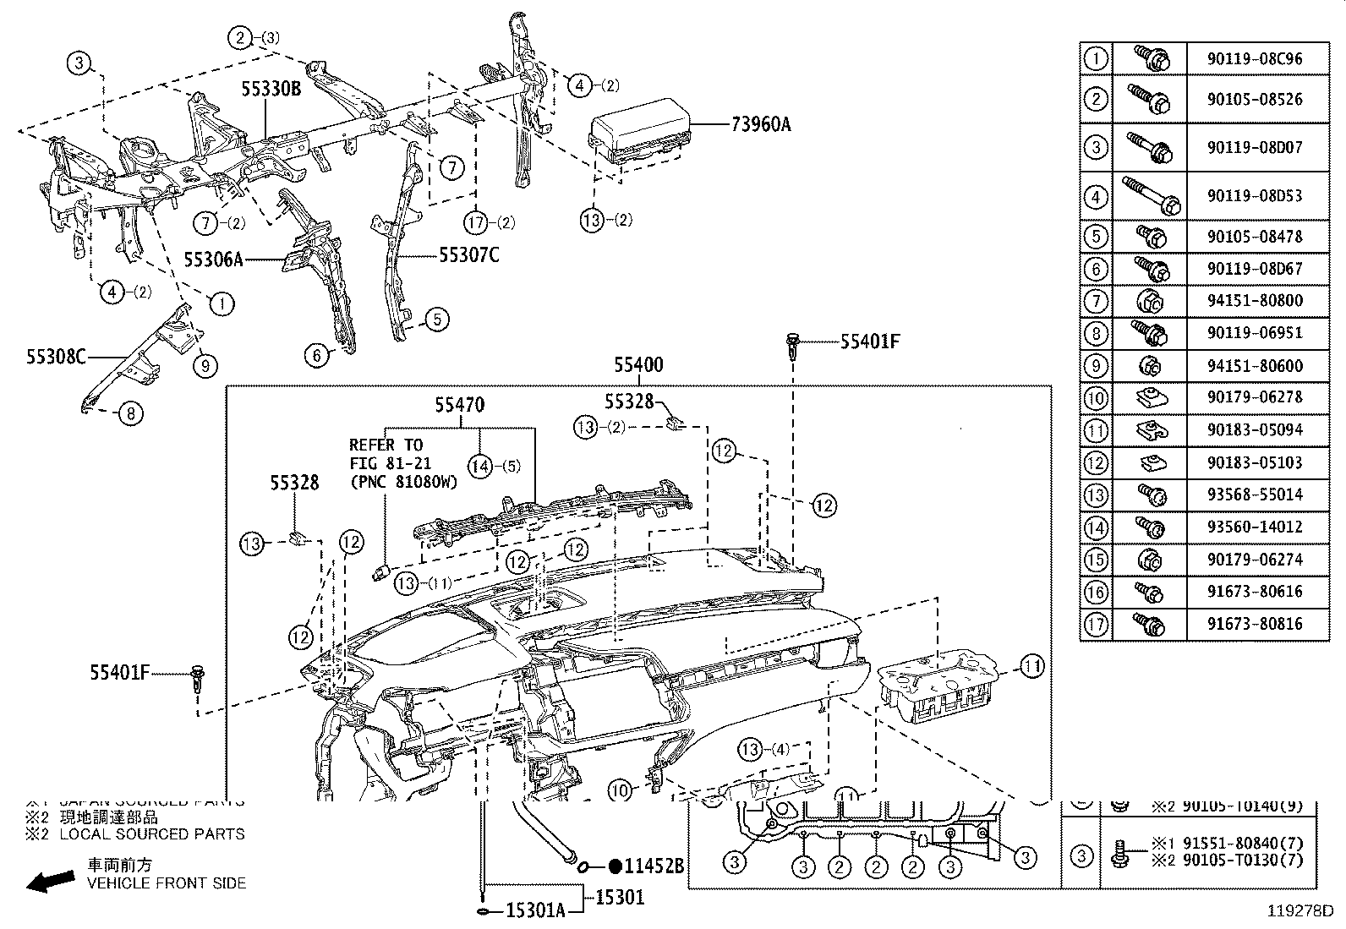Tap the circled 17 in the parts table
tap(1096, 624)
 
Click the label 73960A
tap(761, 125)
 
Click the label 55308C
tap(56, 356)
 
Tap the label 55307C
tap(469, 254)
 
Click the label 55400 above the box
tap(638, 366)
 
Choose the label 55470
tap(460, 406)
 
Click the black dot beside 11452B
tap(616, 866)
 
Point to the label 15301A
tap(536, 911)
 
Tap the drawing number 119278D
tap(1299, 912)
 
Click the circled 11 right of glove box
tap(1031, 667)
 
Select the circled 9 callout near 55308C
tap(204, 365)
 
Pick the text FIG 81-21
tap(391, 463)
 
